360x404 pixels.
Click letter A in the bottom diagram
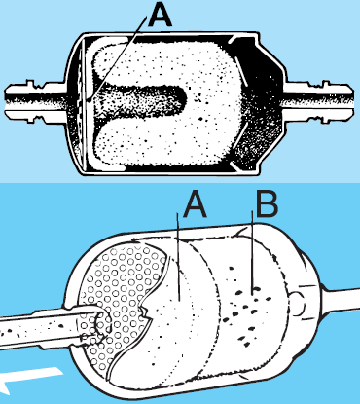click(x=195, y=207)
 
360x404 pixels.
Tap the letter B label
click(x=267, y=204)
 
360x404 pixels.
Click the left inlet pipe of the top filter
click(x=36, y=101)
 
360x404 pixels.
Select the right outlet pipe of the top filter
click(x=318, y=101)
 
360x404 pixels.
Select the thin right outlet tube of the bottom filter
click(x=341, y=301)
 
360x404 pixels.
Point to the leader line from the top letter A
click(x=118, y=58)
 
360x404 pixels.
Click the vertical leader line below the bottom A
click(x=178, y=256)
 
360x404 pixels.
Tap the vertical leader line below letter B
click(x=252, y=252)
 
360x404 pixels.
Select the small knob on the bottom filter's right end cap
click(x=300, y=304)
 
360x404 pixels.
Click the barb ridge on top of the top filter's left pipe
click(x=30, y=82)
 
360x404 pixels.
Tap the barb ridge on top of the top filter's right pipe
click(x=325, y=83)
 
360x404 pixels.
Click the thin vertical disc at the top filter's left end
click(x=83, y=104)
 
